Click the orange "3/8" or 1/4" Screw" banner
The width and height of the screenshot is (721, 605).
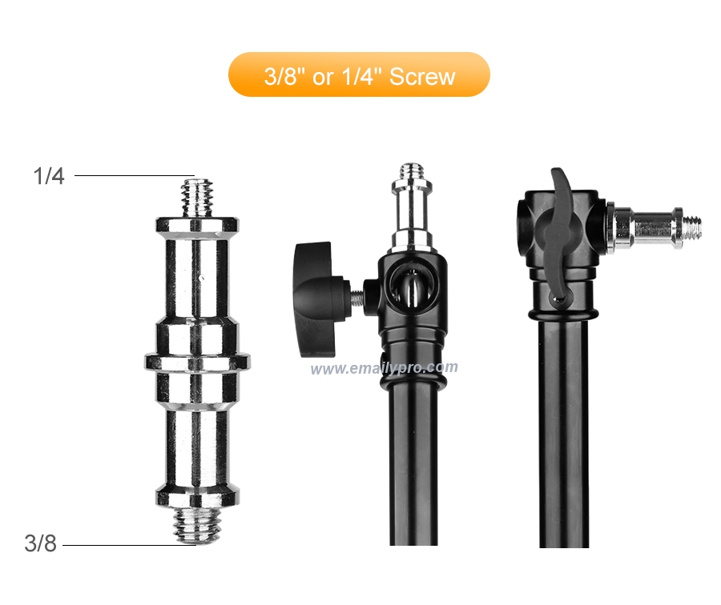point(359,74)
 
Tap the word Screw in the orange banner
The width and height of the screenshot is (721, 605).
point(422,76)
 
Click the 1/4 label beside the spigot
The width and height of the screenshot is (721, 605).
point(49,176)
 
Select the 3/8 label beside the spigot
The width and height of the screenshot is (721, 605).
point(41,543)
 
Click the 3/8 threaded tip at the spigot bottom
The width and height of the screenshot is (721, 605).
point(197,525)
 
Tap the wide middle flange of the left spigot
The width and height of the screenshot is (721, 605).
point(198,362)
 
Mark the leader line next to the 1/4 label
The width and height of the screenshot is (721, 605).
point(135,175)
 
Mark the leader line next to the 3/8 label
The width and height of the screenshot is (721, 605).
point(129,545)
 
